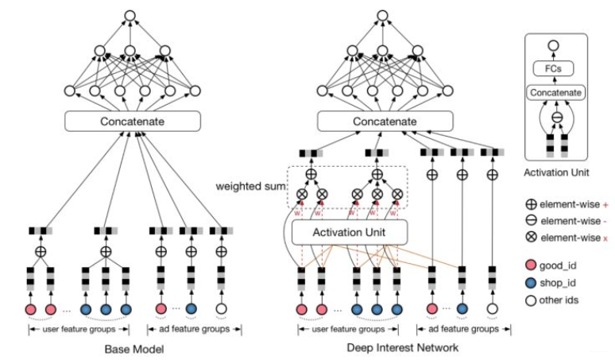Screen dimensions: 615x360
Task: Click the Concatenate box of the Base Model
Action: click(133, 121)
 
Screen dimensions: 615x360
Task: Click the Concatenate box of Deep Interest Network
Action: click(385, 121)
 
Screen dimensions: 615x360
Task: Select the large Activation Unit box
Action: click(350, 232)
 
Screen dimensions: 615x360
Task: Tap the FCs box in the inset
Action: click(553, 68)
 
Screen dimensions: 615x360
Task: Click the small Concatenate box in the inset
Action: click(555, 92)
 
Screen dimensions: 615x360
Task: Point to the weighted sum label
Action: click(251, 186)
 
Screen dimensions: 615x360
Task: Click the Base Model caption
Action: click(134, 349)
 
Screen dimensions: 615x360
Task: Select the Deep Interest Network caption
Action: click(402, 347)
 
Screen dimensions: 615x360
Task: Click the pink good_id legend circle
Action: click(531, 265)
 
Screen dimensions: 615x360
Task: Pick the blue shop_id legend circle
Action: click(531, 283)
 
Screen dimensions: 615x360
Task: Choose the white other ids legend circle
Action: click(531, 300)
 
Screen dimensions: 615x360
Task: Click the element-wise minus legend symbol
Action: click(531, 220)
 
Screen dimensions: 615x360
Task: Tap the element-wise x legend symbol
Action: click(531, 237)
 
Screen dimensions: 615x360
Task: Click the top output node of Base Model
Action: click(130, 16)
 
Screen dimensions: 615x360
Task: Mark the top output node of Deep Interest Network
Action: click(382, 16)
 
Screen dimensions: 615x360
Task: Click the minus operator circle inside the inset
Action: click(557, 118)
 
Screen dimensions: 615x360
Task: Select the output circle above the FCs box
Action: click(553, 45)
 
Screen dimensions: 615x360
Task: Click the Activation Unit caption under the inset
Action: click(556, 172)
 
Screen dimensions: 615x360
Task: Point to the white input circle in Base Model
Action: click(221, 309)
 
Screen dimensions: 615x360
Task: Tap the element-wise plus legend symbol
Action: click(531, 204)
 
